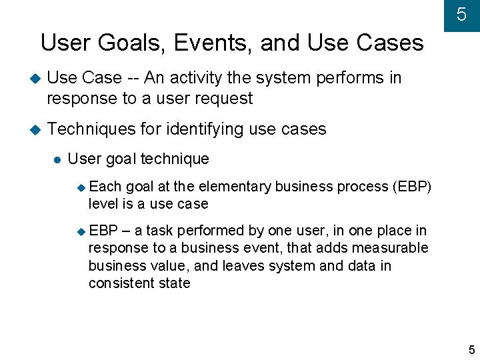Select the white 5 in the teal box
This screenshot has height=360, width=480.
(x=461, y=15)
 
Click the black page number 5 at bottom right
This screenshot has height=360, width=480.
(x=471, y=350)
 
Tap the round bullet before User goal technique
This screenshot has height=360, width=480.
(x=57, y=159)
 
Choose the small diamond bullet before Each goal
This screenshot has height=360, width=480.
(x=81, y=187)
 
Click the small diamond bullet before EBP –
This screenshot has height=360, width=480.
(x=81, y=231)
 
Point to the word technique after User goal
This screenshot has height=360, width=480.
(x=176, y=159)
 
